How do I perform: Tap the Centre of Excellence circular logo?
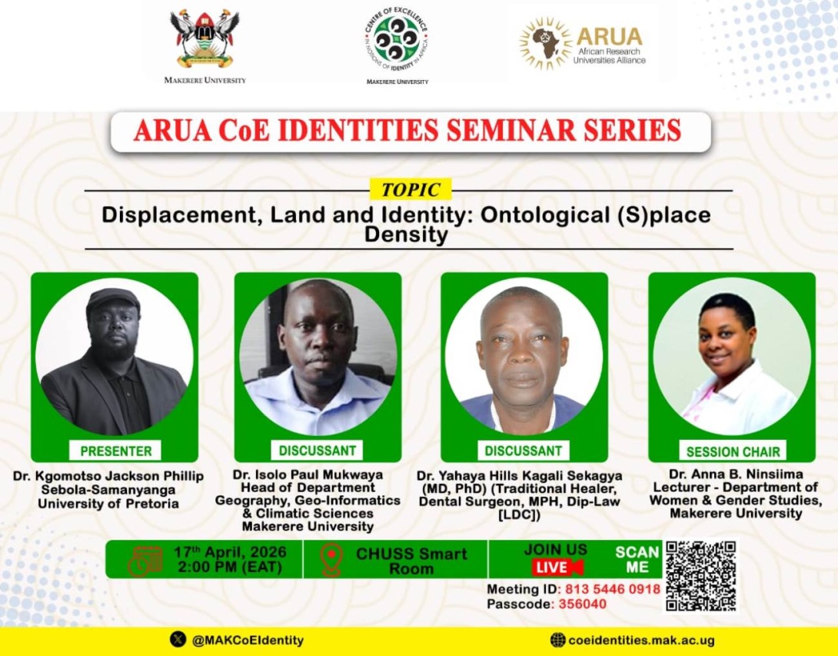(x=397, y=39)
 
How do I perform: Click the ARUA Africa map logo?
(x=545, y=44)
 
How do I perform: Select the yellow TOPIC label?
(x=411, y=189)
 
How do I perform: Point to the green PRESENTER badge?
(x=116, y=451)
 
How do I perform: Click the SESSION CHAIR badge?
(x=733, y=451)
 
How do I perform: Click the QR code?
(x=700, y=576)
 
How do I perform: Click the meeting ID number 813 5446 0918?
(x=613, y=589)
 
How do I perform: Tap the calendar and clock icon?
(x=145, y=560)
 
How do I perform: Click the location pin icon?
(x=331, y=559)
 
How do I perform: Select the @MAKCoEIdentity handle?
(x=248, y=640)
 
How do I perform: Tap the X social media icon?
(x=178, y=639)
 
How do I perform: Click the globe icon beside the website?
(x=558, y=640)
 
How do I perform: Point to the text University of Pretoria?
(x=108, y=504)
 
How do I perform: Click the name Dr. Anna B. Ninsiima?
(x=731, y=475)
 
